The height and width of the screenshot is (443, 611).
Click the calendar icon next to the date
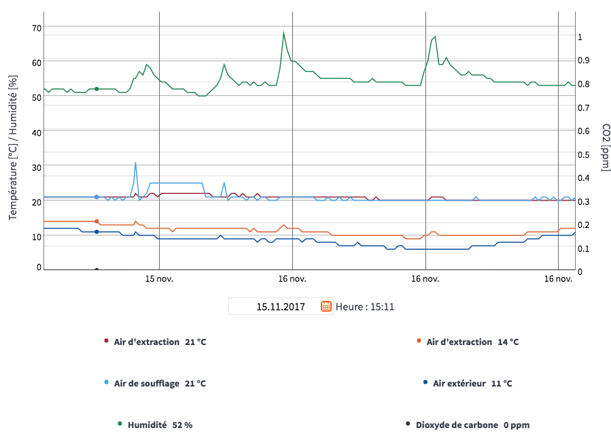coord(326,306)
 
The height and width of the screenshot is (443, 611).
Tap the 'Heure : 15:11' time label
coord(365,307)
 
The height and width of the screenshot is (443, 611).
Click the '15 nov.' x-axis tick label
coord(159,278)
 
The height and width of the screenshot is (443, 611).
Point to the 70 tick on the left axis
coord(36,27)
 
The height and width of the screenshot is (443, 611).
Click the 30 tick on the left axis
coord(36,167)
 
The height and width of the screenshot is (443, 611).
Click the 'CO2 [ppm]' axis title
coord(605,148)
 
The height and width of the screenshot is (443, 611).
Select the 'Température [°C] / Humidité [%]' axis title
coord(13,148)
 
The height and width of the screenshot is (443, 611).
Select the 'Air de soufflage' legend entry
coord(159,383)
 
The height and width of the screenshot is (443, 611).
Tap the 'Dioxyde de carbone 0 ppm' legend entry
coord(472,425)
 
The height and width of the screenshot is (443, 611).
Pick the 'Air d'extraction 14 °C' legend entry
coord(472,342)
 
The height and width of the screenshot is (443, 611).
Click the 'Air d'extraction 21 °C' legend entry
coord(159,342)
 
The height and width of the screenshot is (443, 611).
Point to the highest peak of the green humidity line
coord(283,32)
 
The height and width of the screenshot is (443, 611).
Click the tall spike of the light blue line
coord(135,163)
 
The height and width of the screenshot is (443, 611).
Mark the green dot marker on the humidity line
coord(97,88)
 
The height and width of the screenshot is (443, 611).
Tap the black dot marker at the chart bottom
coord(97,269)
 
